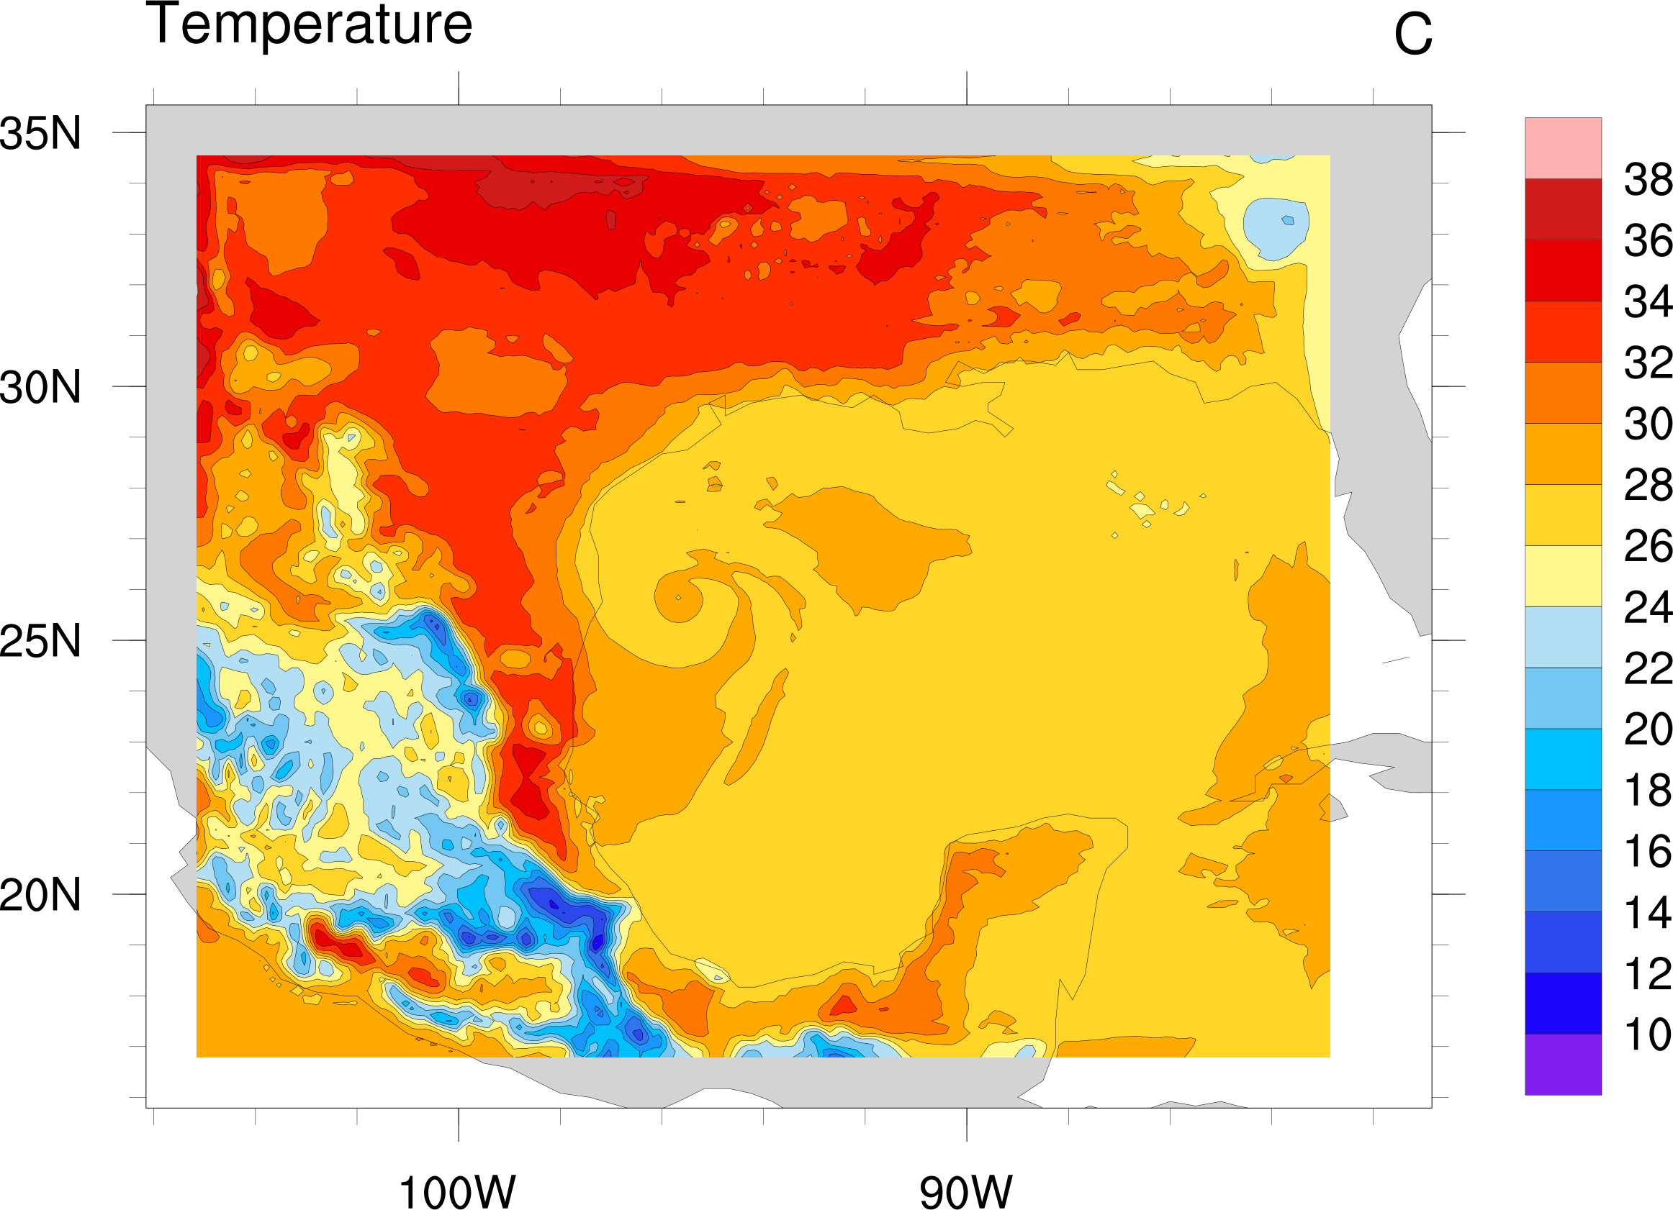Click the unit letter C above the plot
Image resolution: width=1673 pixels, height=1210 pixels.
coord(1412,35)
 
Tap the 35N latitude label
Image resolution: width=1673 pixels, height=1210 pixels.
coord(40,134)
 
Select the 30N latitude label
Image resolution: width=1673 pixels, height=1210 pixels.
coord(40,387)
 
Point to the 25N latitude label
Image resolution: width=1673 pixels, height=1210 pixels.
coord(40,642)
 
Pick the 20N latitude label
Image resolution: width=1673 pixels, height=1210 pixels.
coord(40,896)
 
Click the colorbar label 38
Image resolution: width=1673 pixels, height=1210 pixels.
coord(1647,180)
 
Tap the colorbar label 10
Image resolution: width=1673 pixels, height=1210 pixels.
coord(1647,1034)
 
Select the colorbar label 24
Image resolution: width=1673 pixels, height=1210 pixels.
coord(1647,608)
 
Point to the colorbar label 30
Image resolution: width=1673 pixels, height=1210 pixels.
coord(1647,424)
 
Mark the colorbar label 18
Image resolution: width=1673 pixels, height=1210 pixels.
coord(1647,791)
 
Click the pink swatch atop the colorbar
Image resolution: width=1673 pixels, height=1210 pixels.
coord(1563,147)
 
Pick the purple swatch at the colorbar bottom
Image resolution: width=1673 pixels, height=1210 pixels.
coord(1563,1064)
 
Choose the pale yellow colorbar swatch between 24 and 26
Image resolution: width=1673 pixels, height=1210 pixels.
coord(1563,576)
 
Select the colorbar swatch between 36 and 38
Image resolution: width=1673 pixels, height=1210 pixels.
coord(1563,209)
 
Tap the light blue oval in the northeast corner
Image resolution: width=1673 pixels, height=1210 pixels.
coord(1276,227)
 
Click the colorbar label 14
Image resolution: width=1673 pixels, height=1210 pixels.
coord(1647,913)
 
